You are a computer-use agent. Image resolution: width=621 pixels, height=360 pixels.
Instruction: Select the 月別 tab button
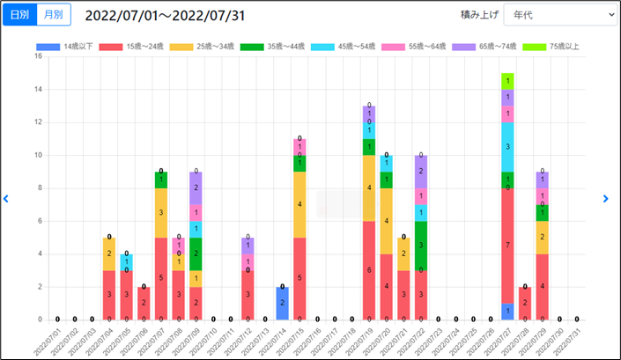pyautogui.click(x=54, y=15)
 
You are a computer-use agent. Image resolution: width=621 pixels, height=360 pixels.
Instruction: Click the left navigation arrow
pyautogui.click(x=6, y=199)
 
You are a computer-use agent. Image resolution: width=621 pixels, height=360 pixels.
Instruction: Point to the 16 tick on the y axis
pyautogui.click(x=38, y=56)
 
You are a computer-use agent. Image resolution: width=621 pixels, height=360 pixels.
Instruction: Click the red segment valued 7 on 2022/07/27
pyautogui.click(x=507, y=246)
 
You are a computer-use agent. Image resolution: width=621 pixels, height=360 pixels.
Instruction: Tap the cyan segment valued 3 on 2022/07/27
pyautogui.click(x=507, y=147)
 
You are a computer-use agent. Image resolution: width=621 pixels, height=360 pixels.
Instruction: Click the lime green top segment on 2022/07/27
pyautogui.click(x=507, y=81)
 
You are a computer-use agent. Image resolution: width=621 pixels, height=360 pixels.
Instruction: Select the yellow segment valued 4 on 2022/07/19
pyautogui.click(x=369, y=187)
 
